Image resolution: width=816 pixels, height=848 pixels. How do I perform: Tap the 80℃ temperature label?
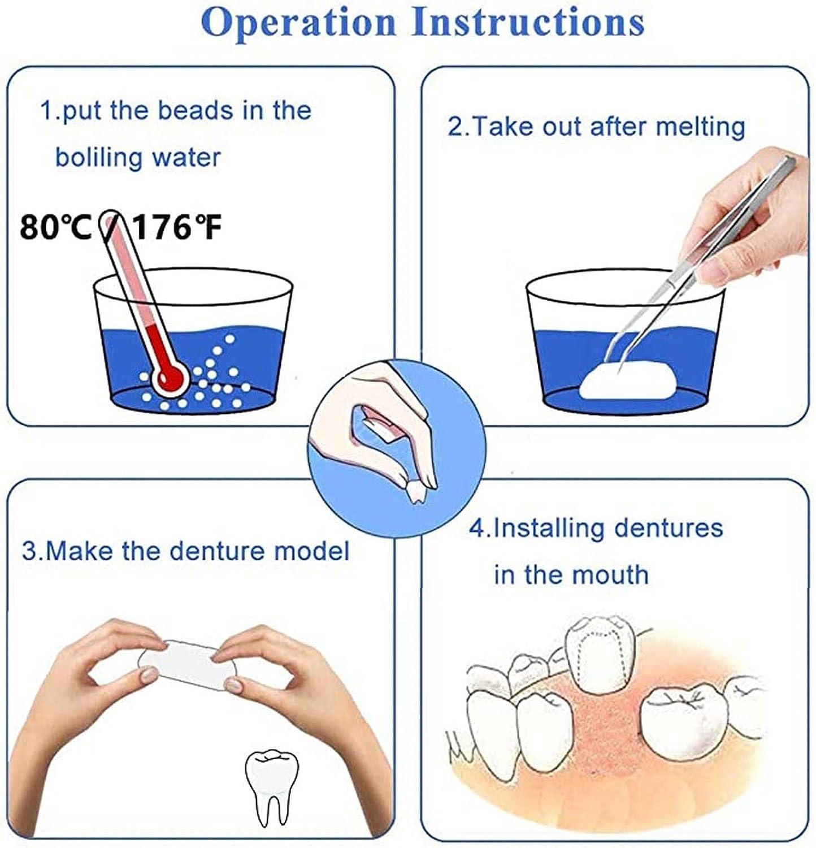pyautogui.click(x=55, y=228)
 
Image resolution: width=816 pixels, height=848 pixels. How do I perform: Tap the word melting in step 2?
pyautogui.click(x=700, y=127)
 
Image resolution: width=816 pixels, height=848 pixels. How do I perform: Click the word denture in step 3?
pyautogui.click(x=216, y=551)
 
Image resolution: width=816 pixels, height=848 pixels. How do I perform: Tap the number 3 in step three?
pyautogui.click(x=28, y=551)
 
